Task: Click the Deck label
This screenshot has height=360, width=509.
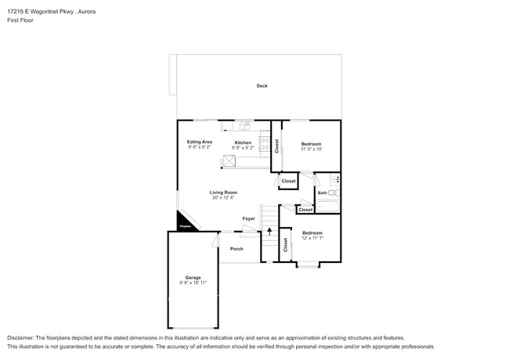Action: pos(262,86)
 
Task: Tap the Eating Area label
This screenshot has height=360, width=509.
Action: pos(200,142)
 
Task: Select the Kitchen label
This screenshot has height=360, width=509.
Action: pos(243,142)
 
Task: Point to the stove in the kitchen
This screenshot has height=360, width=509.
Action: pos(265,145)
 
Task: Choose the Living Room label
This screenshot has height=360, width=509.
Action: pos(223,193)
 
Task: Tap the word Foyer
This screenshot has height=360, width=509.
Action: pos(248,218)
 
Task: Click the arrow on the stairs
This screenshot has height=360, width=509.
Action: pos(269,231)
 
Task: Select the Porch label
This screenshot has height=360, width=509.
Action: pos(236,249)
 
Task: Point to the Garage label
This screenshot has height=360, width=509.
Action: pos(193,277)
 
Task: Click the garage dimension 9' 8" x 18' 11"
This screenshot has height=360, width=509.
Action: pos(193,283)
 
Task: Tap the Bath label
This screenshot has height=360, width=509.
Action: pos(322,193)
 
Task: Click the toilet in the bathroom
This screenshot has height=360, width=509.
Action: pos(332,192)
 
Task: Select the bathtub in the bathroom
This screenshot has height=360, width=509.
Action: pos(327,207)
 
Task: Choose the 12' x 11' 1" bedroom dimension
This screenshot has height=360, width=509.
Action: pos(312,238)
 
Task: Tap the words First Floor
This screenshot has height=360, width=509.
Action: pos(20,20)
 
